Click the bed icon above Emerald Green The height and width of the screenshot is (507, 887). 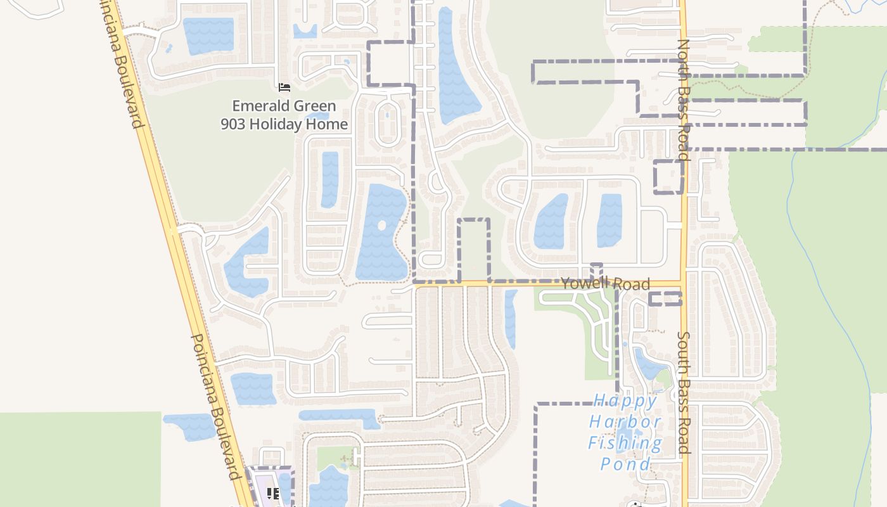(284, 87)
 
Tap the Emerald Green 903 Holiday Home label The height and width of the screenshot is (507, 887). (284, 115)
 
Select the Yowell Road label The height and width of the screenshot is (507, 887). (605, 283)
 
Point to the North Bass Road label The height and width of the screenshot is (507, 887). (683, 99)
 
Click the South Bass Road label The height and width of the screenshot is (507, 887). (683, 392)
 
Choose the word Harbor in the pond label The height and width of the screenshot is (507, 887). (625, 421)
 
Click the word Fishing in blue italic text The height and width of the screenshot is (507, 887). (625, 442)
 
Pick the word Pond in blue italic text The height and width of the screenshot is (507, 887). (625, 464)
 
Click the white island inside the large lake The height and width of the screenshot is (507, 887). (381, 225)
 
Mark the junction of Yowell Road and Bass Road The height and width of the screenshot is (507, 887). (683, 283)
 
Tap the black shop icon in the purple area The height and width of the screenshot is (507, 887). (273, 493)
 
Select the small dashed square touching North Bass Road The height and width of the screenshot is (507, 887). (668, 177)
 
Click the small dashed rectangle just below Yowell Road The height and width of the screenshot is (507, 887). (665, 298)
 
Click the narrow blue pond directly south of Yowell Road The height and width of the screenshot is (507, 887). (511, 319)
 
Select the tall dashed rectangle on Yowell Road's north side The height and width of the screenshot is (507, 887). (474, 250)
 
